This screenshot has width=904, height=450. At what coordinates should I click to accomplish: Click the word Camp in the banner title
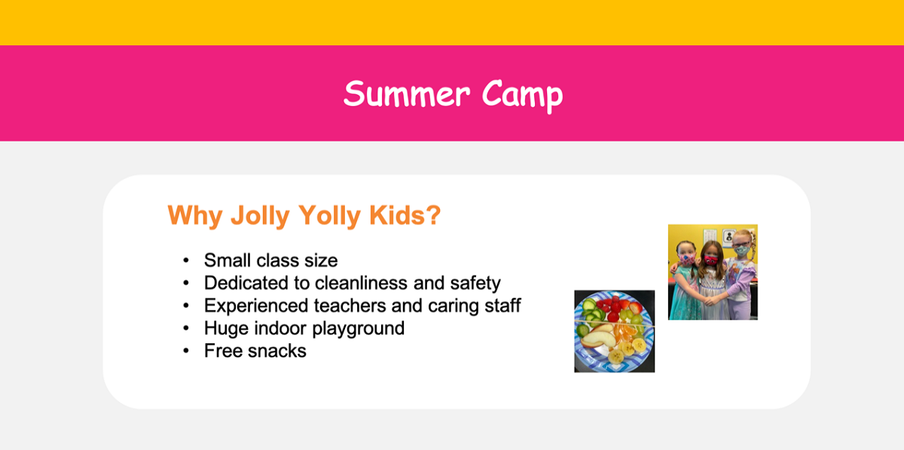(522, 95)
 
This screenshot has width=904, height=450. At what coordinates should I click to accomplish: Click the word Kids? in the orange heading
(405, 216)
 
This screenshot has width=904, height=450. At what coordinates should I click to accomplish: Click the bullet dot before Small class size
(186, 261)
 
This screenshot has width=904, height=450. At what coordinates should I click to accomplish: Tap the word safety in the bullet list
(473, 283)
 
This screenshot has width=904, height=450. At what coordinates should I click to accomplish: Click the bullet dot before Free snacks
(186, 351)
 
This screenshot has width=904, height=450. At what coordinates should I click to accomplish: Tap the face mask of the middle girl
(709, 260)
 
